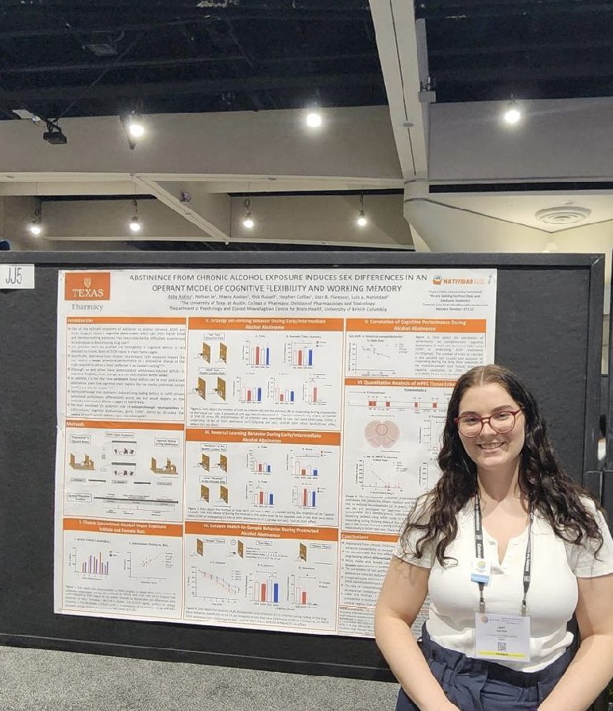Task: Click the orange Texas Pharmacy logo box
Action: click(x=87, y=291)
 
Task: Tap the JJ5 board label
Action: click(x=17, y=276)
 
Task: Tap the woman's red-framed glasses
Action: click(x=488, y=422)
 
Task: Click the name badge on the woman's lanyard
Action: click(x=502, y=635)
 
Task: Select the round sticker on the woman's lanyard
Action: click(x=480, y=570)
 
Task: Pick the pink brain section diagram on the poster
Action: click(x=381, y=434)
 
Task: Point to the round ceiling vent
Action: click(x=563, y=214)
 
